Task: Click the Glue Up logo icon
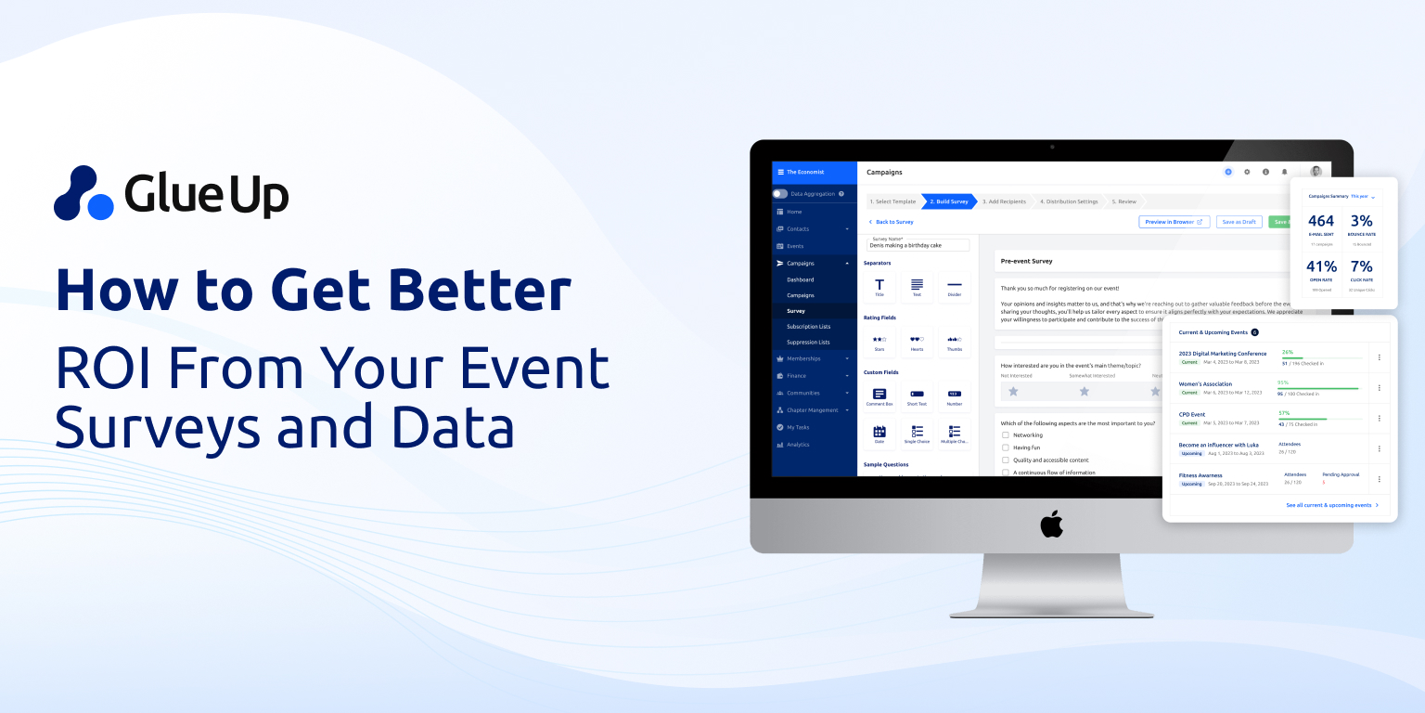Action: [x=83, y=193]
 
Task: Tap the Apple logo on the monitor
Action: [x=1051, y=525]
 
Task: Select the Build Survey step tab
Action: [x=947, y=201]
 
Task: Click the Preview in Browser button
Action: [x=1174, y=222]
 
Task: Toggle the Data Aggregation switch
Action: [x=780, y=194]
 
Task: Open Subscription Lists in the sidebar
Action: [x=808, y=327]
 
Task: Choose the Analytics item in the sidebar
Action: [x=798, y=445]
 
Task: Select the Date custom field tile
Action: [x=879, y=433]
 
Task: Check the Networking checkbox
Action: [x=1006, y=434]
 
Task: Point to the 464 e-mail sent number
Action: [x=1321, y=221]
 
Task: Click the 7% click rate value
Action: [x=1362, y=266]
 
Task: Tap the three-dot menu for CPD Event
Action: [x=1380, y=418]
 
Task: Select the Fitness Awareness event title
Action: [x=1200, y=475]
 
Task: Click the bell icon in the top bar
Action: [x=1285, y=172]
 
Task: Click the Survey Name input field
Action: [x=918, y=245]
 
